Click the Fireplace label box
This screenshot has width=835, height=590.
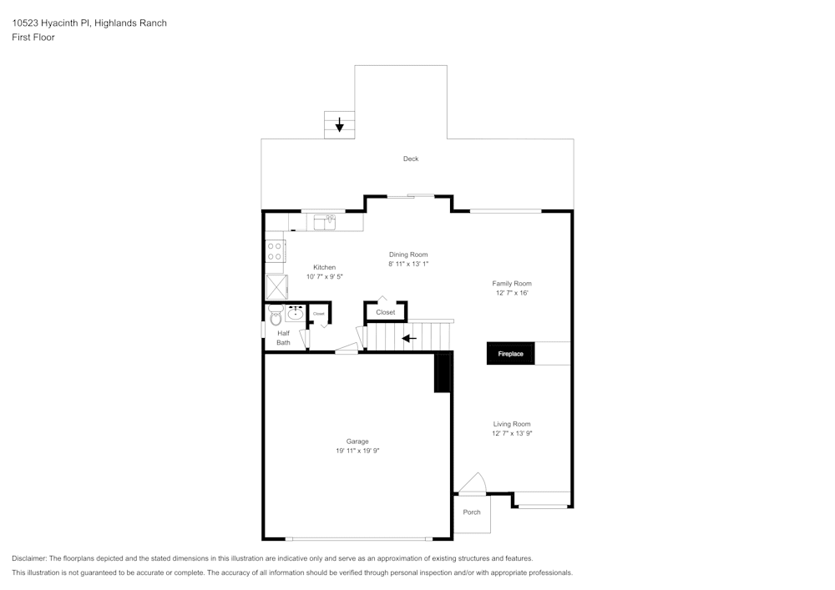point(511,354)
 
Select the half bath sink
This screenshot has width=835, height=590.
point(295,314)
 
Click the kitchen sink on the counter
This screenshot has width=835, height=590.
point(325,222)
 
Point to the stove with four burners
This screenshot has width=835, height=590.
point(276,251)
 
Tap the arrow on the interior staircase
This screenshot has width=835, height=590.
point(409,338)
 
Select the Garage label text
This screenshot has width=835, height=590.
point(357,441)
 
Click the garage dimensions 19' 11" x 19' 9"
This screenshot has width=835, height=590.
point(357,451)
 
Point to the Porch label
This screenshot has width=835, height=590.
point(472,512)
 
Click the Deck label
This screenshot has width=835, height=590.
point(411,159)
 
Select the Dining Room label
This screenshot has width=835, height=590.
point(408,255)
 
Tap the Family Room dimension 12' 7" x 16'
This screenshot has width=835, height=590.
point(511,293)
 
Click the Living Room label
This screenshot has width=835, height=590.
point(512,424)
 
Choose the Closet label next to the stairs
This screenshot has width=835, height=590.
point(386,312)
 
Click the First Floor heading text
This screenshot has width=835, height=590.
point(33,38)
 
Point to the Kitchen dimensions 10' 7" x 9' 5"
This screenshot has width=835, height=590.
point(325,276)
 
